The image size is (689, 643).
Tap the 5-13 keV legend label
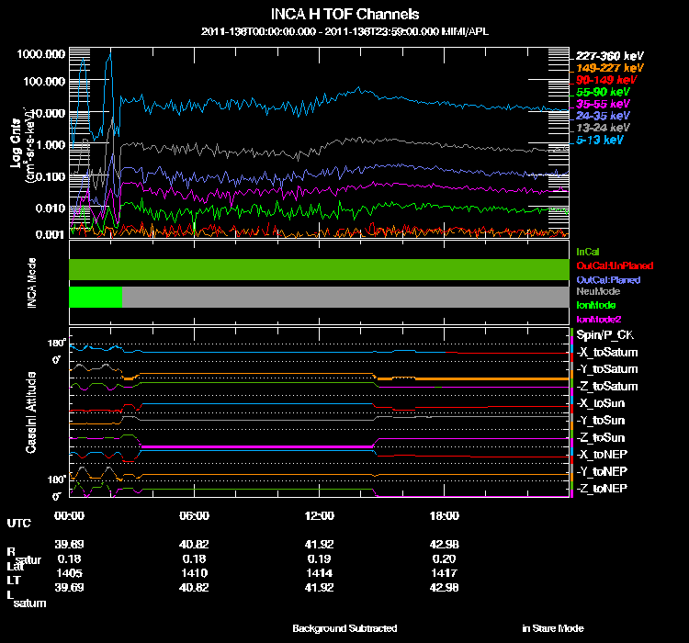pyautogui.click(x=602, y=140)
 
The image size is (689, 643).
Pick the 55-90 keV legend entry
pyautogui.click(x=603, y=92)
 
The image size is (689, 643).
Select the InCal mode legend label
pyautogui.click(x=586, y=250)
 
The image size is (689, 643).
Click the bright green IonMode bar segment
pyautogui.click(x=96, y=297)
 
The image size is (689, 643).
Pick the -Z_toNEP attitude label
pyautogui.click(x=602, y=487)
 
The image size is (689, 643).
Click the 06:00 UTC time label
pyautogui.click(x=195, y=514)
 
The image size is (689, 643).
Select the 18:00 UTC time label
pyautogui.click(x=445, y=514)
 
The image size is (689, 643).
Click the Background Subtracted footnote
pyautogui.click(x=344, y=628)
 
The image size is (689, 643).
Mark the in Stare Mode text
pyautogui.click(x=552, y=628)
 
